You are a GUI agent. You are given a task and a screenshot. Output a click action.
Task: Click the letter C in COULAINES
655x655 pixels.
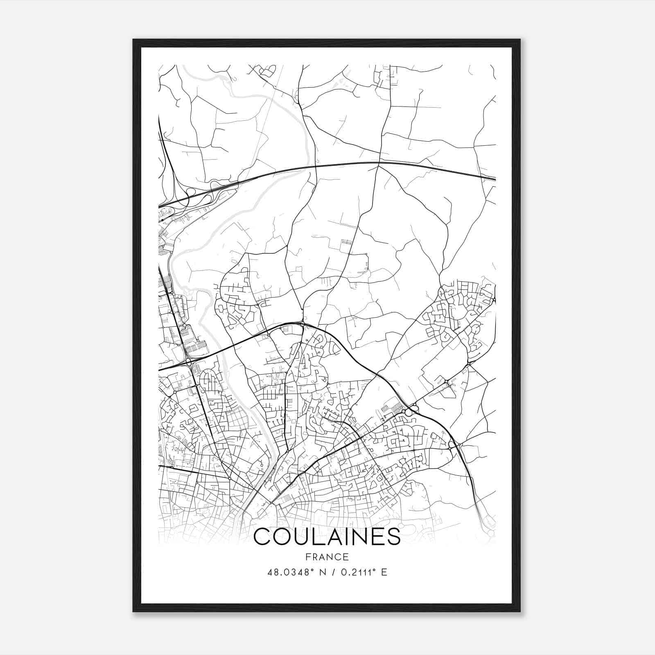(262, 537)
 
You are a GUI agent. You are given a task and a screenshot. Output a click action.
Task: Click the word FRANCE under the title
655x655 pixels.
(327, 557)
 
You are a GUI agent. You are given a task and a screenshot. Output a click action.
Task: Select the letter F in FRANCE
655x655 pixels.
(308, 557)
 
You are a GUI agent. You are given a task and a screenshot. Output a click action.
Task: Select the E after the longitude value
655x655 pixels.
(384, 572)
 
